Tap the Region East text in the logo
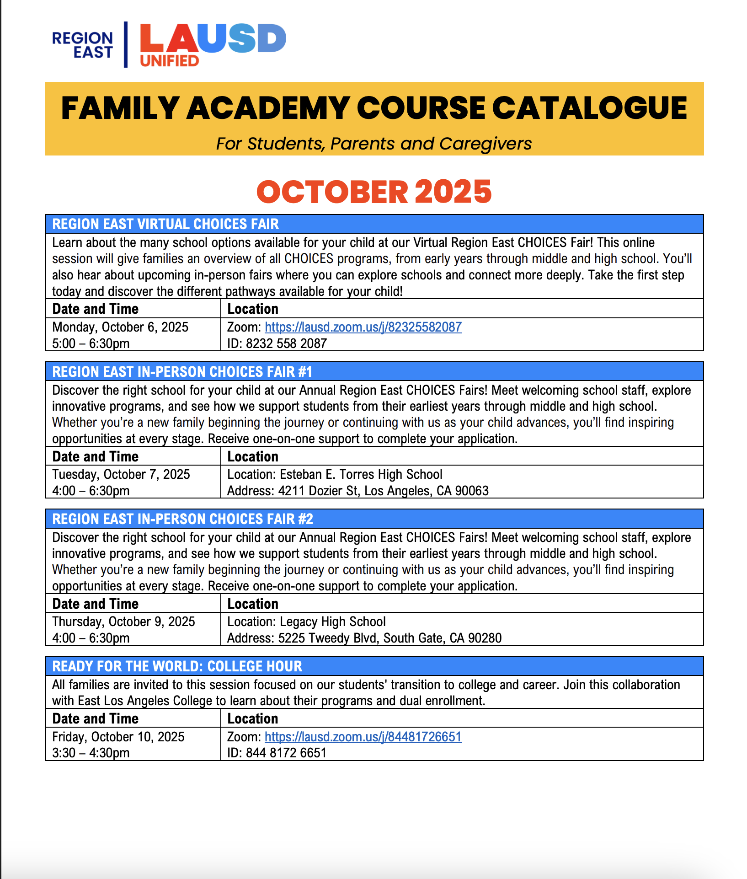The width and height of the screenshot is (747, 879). (x=83, y=45)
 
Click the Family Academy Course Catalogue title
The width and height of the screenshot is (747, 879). (x=374, y=108)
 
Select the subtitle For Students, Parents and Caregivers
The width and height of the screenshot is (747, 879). (x=374, y=144)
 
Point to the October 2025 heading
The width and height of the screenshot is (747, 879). (x=374, y=192)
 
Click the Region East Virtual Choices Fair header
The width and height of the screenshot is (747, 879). (x=165, y=224)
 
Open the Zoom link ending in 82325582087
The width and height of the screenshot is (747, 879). (x=363, y=327)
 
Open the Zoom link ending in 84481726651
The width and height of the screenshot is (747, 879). (x=363, y=737)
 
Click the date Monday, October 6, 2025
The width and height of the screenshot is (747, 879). (x=120, y=327)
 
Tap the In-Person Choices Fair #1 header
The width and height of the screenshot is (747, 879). (x=182, y=372)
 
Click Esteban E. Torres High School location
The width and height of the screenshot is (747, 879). (x=335, y=474)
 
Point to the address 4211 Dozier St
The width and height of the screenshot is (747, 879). (x=358, y=491)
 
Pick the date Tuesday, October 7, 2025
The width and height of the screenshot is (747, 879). (x=121, y=474)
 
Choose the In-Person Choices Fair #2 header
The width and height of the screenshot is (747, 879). (x=182, y=519)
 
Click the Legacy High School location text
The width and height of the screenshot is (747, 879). (x=307, y=622)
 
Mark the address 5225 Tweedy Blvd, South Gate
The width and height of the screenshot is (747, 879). (x=364, y=638)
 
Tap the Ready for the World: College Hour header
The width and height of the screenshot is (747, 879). (x=177, y=666)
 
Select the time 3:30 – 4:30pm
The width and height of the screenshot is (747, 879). (x=91, y=753)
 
